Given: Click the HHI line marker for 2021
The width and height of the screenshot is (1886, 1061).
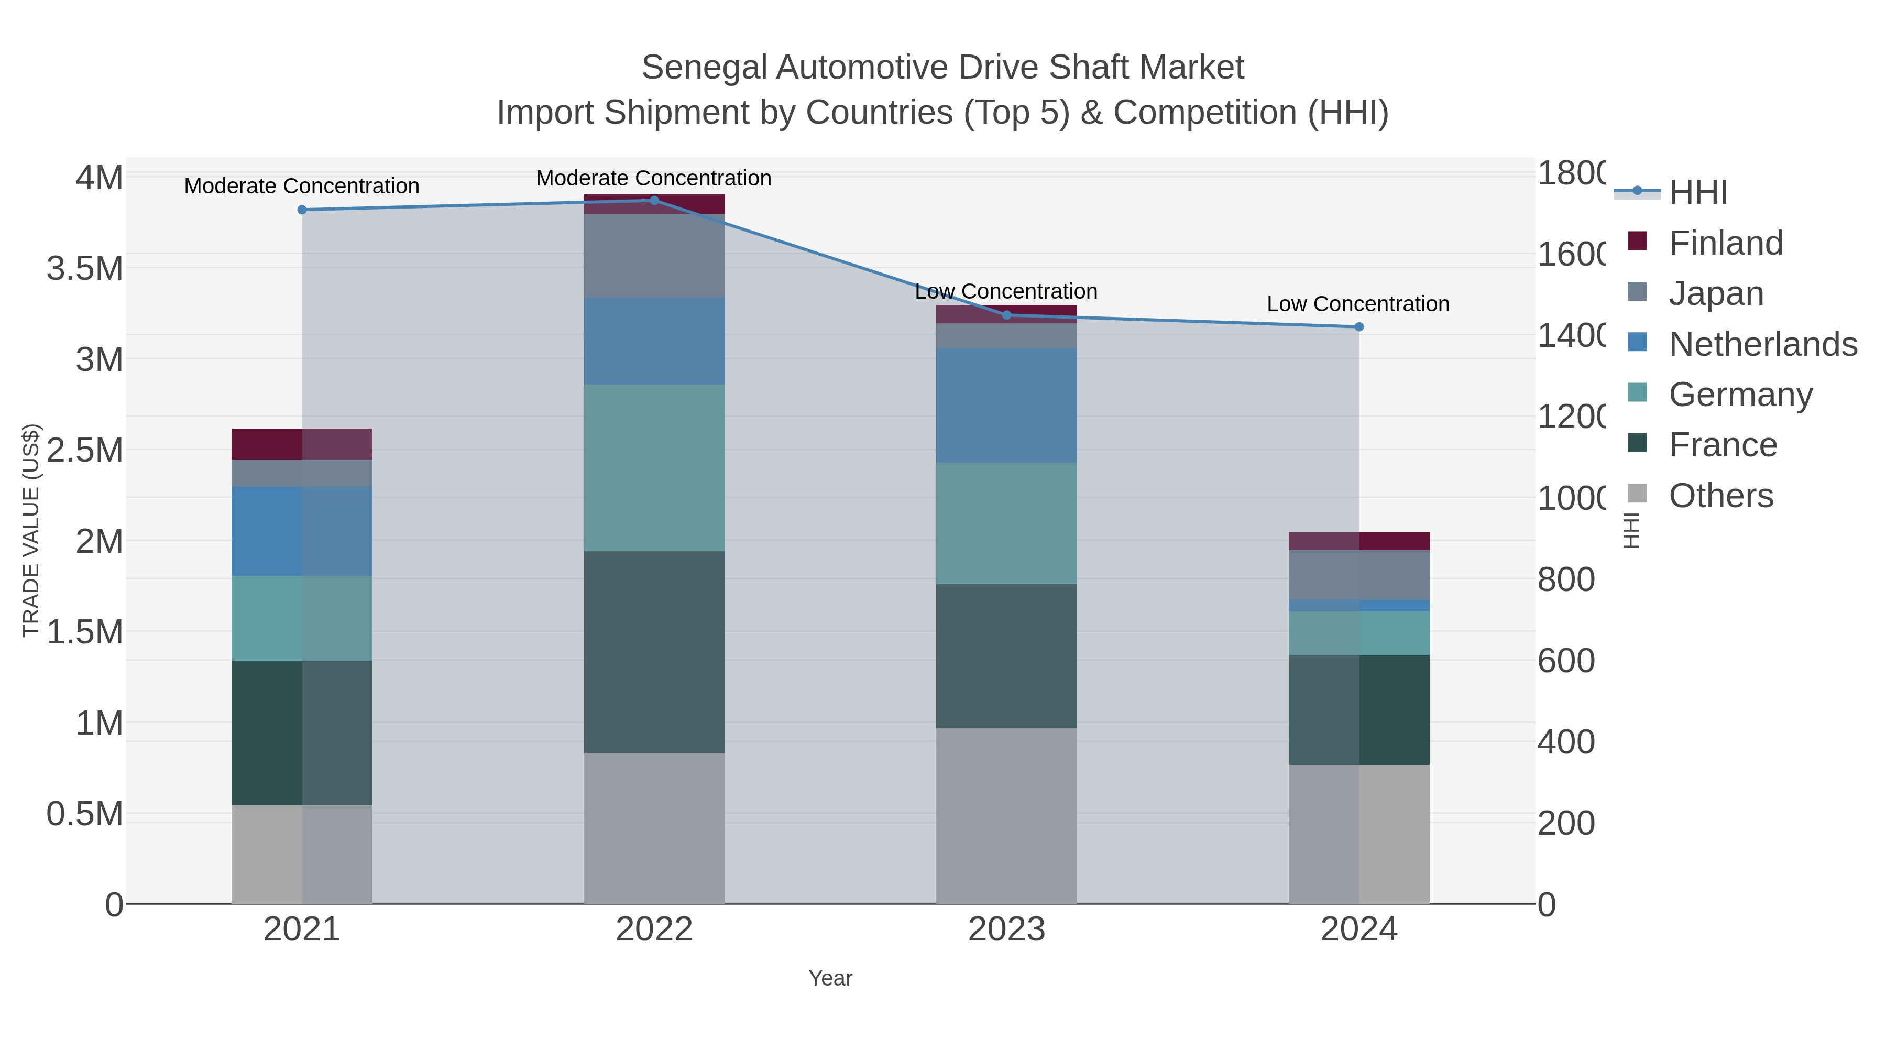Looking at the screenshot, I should pos(302,210).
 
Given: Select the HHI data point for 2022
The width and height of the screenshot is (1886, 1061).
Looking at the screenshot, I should pos(654,201).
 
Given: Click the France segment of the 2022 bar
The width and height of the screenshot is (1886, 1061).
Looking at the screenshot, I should pos(654,652).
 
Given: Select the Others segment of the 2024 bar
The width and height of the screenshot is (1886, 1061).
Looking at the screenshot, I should pos(1359,834).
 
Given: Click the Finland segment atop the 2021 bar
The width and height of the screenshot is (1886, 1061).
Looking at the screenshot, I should pos(302,444).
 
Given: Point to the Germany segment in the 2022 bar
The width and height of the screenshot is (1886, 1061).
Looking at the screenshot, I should pos(654,468).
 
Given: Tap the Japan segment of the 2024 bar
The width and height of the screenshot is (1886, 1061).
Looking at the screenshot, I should pos(1359,575).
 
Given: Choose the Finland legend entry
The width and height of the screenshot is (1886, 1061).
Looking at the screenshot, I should pos(1726,243).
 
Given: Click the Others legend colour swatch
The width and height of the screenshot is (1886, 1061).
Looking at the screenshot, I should pos(1637,494).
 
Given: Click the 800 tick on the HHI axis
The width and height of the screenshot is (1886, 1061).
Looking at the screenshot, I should pos(1565,580).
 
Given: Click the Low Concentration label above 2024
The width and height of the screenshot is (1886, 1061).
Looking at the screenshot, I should pos(1357,304).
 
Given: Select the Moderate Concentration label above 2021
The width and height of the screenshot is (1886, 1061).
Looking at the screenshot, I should pos(302,186).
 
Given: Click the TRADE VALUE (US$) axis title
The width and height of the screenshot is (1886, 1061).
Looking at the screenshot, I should pos(31,530).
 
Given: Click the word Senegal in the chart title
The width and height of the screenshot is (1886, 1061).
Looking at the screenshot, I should pos(704,68).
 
